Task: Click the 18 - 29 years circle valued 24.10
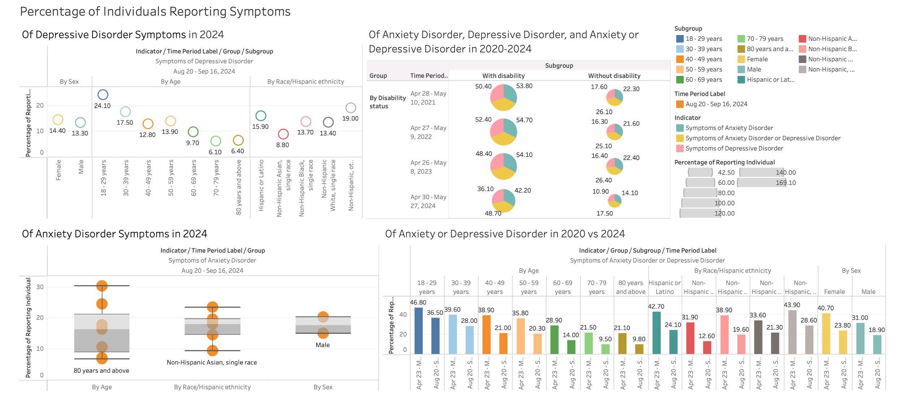coord(103,95)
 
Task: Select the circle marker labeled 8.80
coord(283,134)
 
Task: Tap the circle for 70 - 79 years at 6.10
coord(216,141)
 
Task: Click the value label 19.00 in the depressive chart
coord(350,118)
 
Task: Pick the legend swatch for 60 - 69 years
coord(680,79)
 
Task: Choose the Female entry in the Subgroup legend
coord(757,59)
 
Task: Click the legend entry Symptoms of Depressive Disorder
coord(734,148)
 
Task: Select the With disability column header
coord(503,76)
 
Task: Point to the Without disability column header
coord(614,76)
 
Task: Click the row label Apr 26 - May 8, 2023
coord(428,167)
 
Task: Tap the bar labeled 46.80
coord(419,331)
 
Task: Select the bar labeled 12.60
coord(707,348)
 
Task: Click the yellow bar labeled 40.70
coord(826,333)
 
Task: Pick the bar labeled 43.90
coord(792,332)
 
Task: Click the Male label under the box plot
coord(323,345)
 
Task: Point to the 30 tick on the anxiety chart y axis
coord(40,287)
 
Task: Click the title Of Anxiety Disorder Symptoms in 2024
coord(115,234)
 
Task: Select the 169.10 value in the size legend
coord(786,183)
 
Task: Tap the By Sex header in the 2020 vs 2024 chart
coord(851,271)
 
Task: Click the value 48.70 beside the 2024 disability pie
coord(493,213)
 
